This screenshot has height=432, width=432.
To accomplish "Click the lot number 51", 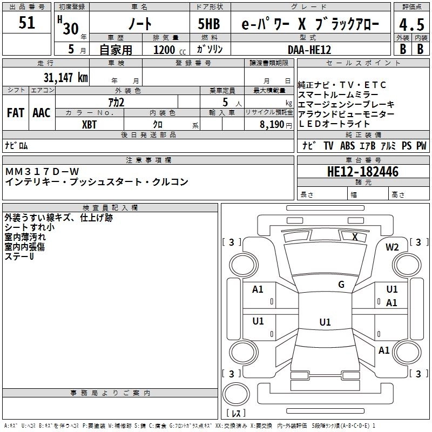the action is pyautogui.click(x=27, y=23).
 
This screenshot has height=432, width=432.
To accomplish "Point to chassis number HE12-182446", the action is pyautogui.click(x=363, y=172).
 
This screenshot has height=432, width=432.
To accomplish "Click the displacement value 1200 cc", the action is pyautogui.click(x=165, y=50).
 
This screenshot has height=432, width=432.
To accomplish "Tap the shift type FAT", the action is pyautogui.click(x=15, y=112).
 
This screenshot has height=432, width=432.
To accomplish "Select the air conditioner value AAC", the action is pyautogui.click(x=42, y=112).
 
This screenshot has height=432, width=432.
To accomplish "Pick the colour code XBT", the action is pyautogui.click(x=90, y=124).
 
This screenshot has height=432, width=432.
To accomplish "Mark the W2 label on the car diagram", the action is pyautogui.click(x=392, y=247).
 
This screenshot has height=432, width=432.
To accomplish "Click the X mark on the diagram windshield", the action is pyautogui.click(x=355, y=237).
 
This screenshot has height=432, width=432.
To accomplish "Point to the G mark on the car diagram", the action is pyautogui.click(x=341, y=284).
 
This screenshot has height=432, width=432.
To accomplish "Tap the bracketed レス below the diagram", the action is pyautogui.click(x=235, y=413).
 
